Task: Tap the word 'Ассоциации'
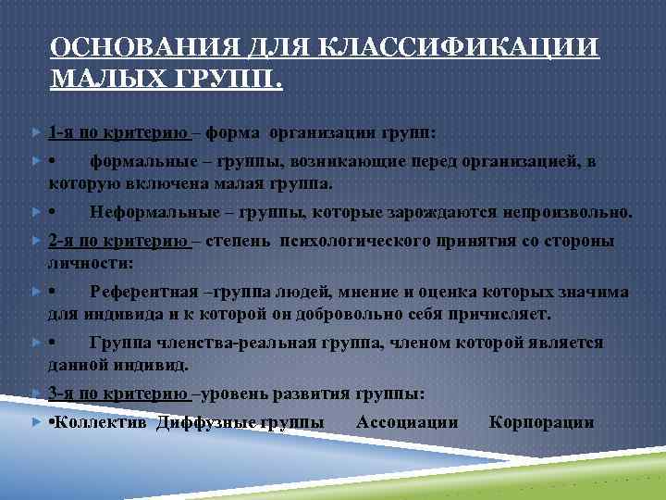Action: point(407,422)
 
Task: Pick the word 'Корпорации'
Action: point(541,422)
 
